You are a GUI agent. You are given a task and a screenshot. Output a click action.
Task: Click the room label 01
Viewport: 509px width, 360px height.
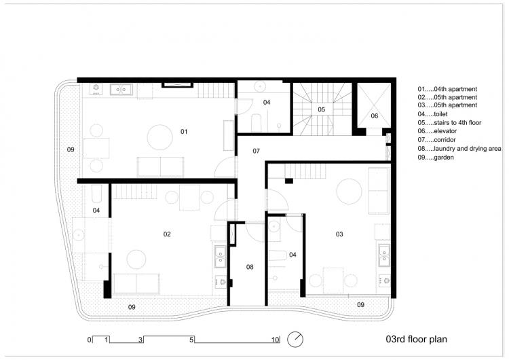click(x=183, y=130)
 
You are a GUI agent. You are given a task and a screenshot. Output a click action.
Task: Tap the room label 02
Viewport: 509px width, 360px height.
click(x=167, y=234)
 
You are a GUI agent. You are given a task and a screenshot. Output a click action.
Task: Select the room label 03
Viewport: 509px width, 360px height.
click(x=339, y=234)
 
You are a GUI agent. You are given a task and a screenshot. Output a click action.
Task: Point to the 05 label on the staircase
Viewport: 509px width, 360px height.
click(x=322, y=109)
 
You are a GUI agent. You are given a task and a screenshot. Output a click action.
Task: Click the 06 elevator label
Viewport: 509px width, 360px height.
click(x=374, y=116)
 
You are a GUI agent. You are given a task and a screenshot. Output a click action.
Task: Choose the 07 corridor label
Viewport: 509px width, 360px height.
click(x=256, y=150)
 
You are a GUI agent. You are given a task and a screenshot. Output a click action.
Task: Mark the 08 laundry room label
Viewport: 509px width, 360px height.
click(x=250, y=267)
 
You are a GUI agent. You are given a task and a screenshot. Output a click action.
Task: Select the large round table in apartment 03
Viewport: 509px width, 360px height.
click(x=348, y=190)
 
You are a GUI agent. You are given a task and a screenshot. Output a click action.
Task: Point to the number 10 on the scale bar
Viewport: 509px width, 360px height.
click(x=276, y=339)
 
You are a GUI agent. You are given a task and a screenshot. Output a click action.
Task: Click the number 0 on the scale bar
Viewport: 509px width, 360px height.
click(x=88, y=339)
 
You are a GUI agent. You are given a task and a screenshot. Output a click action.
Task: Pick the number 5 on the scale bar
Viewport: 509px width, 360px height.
click(x=192, y=339)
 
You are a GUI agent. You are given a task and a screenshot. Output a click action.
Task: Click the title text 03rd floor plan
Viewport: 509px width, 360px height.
click(x=416, y=338)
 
